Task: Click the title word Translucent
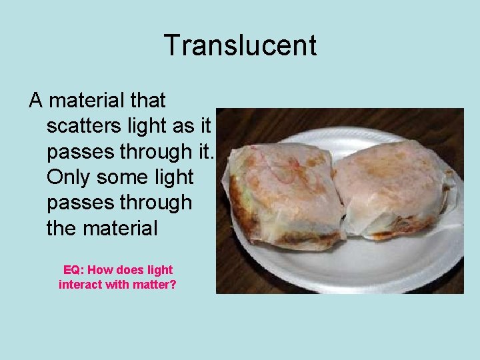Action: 240,46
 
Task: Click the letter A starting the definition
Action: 35,101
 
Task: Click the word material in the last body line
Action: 121,228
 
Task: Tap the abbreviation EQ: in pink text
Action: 73,270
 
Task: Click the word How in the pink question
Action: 100,270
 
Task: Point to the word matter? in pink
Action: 153,285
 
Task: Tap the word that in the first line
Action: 148,101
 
